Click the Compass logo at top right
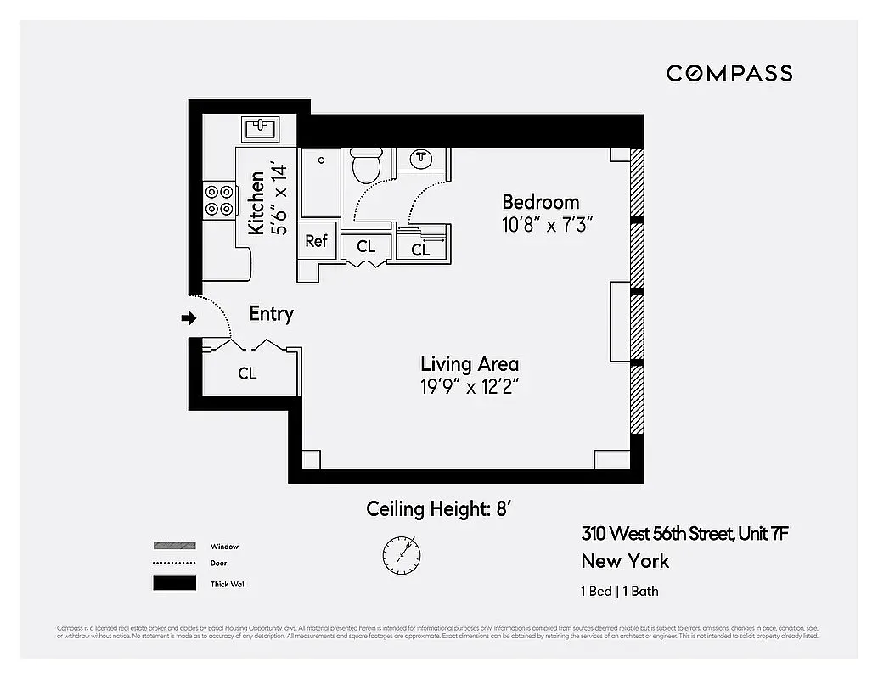coord(729,73)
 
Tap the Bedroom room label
coord(540,202)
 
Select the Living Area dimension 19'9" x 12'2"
coord(470,386)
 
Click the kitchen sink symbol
coord(260,129)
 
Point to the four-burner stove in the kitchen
coord(218,199)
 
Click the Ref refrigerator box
coord(316,241)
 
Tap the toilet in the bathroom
coord(367,165)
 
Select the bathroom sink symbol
coord(421,158)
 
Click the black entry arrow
coord(189,318)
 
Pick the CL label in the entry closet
coord(247,373)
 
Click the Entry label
coord(271,313)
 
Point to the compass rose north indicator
coord(401,553)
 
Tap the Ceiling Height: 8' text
coord(437,509)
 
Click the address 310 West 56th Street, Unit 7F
coord(685,534)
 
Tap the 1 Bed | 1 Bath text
coord(619,592)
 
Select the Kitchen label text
coord(256,203)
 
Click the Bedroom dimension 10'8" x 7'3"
coord(547,225)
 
